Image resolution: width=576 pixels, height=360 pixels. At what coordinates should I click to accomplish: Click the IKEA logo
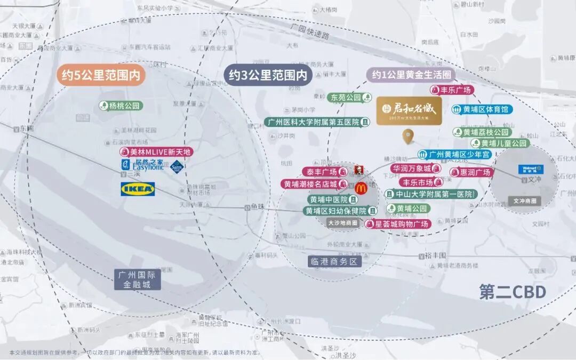coord(138,189)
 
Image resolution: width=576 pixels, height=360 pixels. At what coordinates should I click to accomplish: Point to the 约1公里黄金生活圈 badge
coord(409,75)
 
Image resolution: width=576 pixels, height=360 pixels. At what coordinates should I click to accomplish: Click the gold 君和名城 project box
coord(409,111)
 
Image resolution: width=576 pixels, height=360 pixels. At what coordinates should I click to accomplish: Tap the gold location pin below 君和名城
coord(409,138)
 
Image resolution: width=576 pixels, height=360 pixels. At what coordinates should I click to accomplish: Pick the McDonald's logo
coord(360,187)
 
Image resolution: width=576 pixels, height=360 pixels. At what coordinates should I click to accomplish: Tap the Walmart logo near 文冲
coord(531,169)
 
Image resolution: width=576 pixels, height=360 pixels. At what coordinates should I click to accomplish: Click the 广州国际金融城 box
coord(137,279)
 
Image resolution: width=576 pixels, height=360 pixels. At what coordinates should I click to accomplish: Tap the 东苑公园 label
coord(350,98)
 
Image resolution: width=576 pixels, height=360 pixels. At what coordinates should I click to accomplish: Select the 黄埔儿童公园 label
coord(500,143)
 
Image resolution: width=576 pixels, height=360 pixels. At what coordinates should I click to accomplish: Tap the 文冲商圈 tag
coord(524,201)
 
